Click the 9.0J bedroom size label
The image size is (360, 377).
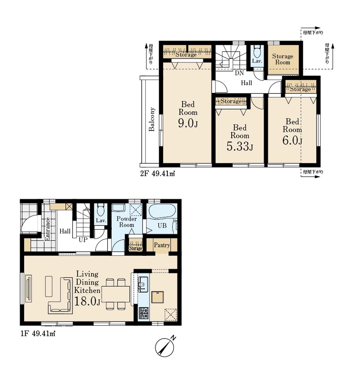(188, 123)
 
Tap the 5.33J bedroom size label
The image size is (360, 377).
(240, 147)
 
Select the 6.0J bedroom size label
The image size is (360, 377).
(292, 140)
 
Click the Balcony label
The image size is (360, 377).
(152, 119)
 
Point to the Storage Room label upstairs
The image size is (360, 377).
(283, 59)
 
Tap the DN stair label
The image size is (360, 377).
(239, 73)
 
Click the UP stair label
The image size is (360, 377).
(83, 240)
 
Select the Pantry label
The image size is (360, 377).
(162, 245)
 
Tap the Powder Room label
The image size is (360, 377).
(127, 222)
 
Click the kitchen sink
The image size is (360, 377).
(143, 284)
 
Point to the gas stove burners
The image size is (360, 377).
(144, 313)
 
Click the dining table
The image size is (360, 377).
(116, 294)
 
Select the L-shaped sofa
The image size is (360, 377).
(60, 296)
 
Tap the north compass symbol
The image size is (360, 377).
(165, 347)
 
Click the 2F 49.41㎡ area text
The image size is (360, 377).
(157, 173)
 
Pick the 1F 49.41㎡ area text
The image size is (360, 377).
(38, 334)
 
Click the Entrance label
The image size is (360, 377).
(47, 229)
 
